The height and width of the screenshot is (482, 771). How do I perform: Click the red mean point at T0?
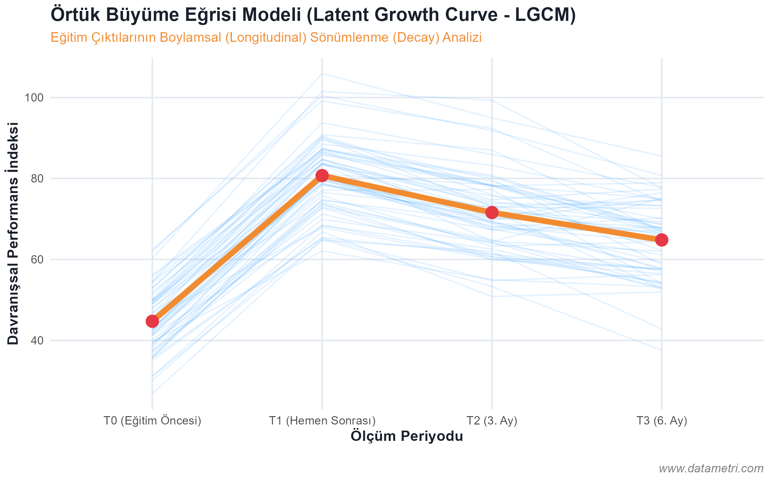(152, 321)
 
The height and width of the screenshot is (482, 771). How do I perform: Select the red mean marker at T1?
(322, 175)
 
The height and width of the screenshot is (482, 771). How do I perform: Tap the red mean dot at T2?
(492, 212)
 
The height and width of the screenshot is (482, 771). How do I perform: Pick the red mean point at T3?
(661, 240)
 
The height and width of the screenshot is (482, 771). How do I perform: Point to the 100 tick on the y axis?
(34, 98)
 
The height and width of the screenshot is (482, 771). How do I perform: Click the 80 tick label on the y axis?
(37, 179)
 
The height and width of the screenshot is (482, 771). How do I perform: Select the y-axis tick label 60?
(37, 260)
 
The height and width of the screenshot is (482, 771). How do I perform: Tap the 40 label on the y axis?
(37, 341)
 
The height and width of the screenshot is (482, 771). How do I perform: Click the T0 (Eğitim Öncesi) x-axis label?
(152, 421)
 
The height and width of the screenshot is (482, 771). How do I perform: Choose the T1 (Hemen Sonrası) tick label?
(322, 421)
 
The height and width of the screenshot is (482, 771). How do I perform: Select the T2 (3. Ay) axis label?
(492, 421)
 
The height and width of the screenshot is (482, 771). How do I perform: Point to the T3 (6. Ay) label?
(661, 421)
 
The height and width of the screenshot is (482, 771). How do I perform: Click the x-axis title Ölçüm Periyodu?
(406, 436)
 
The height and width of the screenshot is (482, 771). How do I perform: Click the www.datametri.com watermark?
(711, 469)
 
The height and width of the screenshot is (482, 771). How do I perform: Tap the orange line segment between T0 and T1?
(237, 248)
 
